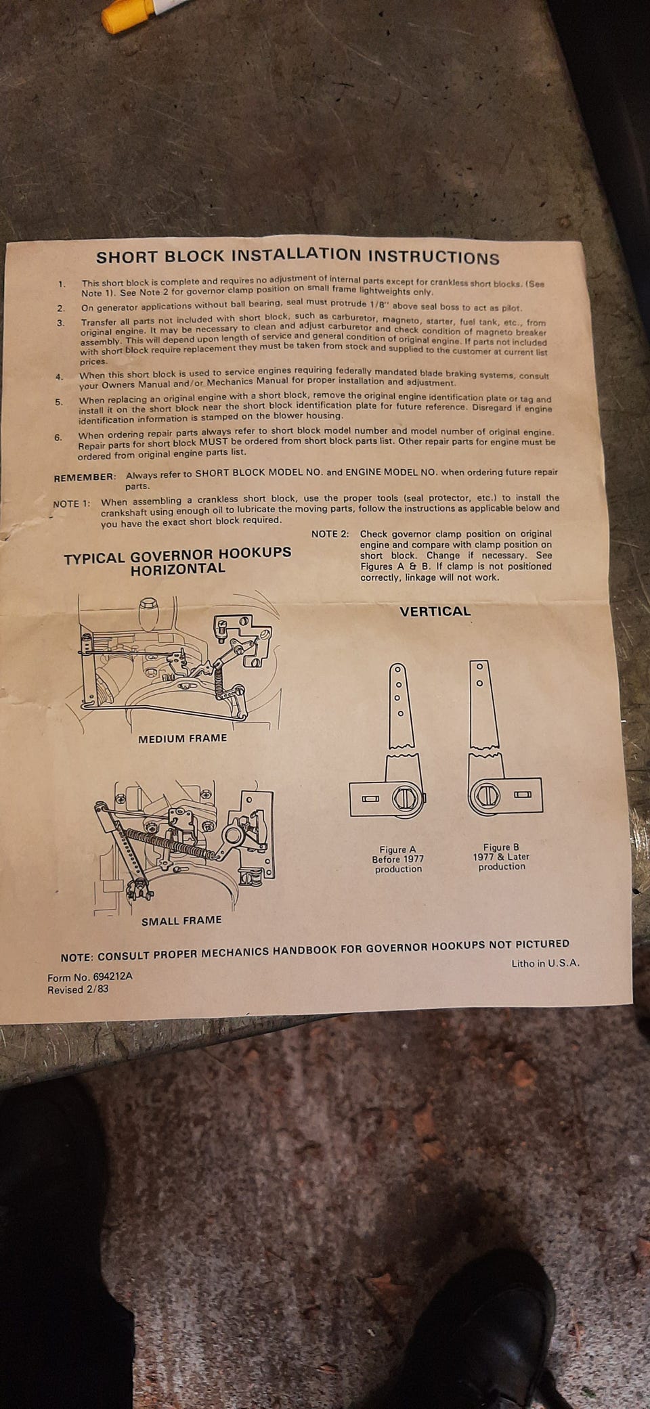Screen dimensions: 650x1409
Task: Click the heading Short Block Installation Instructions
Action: tap(298, 256)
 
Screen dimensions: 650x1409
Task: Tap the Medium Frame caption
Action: tap(182, 738)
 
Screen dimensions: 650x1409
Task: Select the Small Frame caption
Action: tap(181, 920)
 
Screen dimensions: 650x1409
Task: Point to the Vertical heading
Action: tap(435, 611)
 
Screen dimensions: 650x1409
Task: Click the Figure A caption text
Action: tap(398, 859)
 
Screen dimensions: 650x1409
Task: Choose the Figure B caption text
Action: tap(501, 856)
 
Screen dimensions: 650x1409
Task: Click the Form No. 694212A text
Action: tap(90, 977)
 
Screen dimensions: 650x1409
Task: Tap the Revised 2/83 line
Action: tap(78, 989)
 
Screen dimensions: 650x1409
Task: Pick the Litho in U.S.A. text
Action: tap(545, 963)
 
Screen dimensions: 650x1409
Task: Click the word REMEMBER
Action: tap(85, 477)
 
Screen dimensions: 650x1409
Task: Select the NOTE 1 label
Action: tap(71, 504)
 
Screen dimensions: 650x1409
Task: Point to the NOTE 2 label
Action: tap(330, 534)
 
